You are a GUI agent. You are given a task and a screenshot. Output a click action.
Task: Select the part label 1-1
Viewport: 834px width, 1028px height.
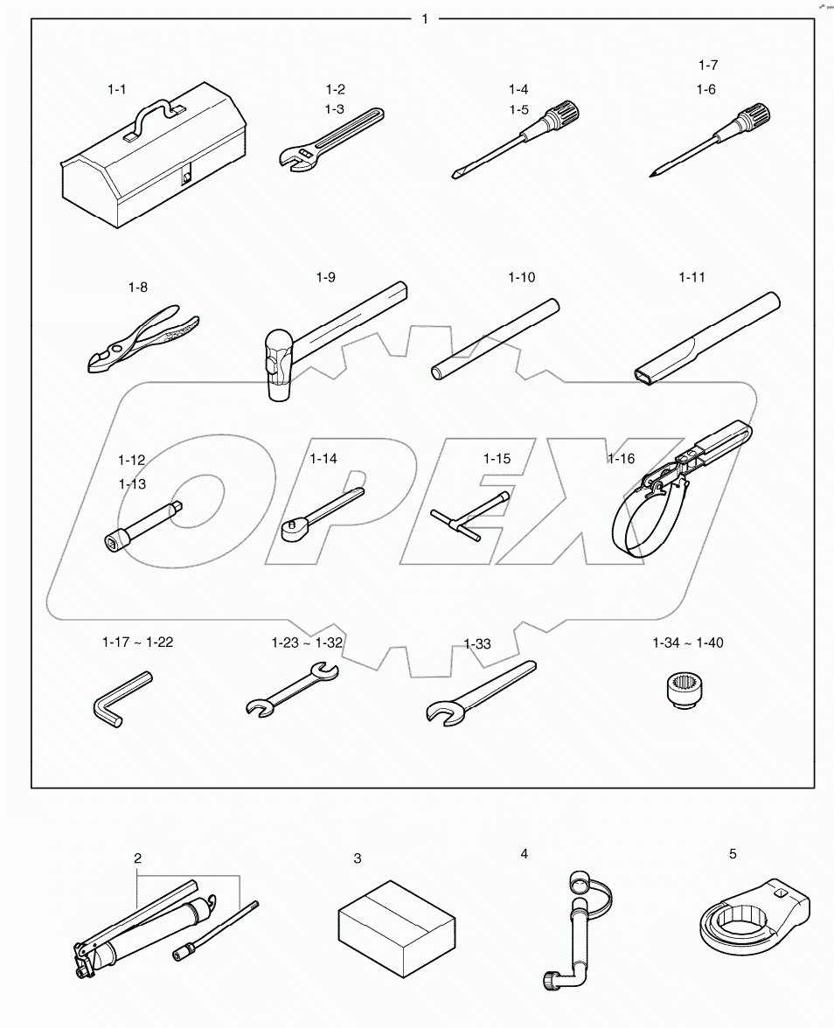click(x=117, y=89)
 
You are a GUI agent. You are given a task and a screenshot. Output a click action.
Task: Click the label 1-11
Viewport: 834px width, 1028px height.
click(x=692, y=278)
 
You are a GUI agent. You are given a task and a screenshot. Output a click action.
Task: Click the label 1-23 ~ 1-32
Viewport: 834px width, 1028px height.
click(x=307, y=642)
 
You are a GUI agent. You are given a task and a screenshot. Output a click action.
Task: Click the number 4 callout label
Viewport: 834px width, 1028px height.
click(x=524, y=854)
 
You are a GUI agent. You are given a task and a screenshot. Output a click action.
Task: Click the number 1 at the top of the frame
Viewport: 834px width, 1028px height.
click(x=425, y=18)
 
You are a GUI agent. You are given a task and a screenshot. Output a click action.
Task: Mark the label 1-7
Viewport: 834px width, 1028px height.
click(x=707, y=65)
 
